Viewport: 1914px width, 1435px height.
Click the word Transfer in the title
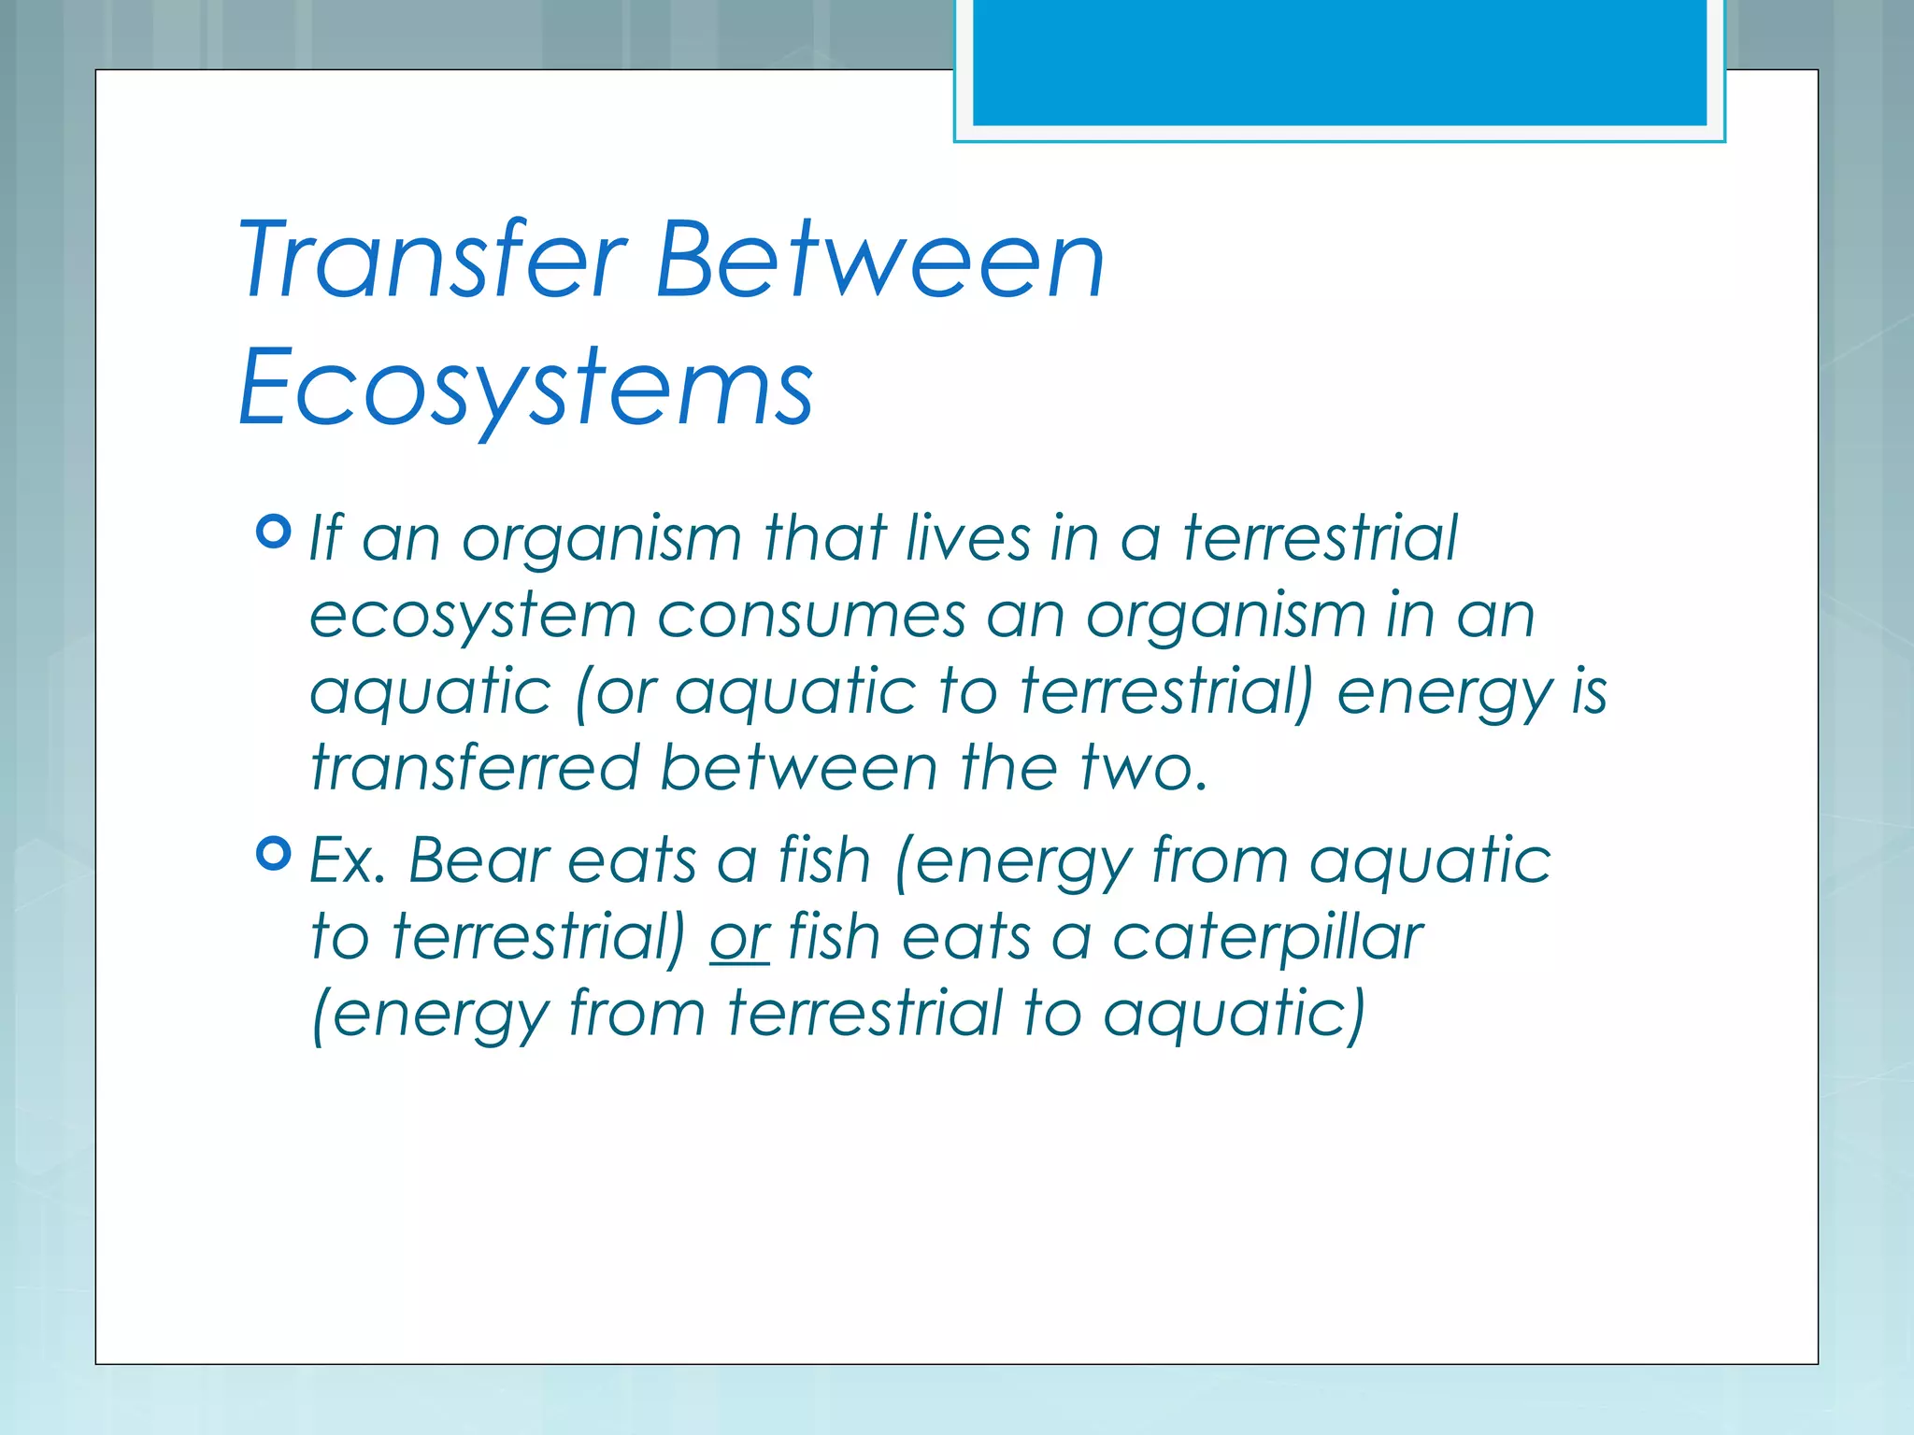(x=432, y=259)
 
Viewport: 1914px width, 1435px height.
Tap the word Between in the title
(x=879, y=259)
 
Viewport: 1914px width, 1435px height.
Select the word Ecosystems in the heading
(x=525, y=387)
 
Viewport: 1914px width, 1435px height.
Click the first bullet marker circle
(x=273, y=532)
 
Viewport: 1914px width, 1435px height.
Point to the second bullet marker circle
(x=273, y=853)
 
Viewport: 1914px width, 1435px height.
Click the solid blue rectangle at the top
(x=1339, y=62)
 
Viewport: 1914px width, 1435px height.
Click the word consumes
(x=811, y=616)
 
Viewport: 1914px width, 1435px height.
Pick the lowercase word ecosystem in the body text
(x=473, y=616)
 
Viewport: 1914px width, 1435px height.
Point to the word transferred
(x=475, y=768)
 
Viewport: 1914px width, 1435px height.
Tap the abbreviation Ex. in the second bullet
(x=347, y=860)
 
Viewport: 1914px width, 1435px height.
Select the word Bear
(x=478, y=860)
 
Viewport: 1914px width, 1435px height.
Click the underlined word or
(x=739, y=937)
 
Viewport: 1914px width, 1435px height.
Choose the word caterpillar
(x=1268, y=937)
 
